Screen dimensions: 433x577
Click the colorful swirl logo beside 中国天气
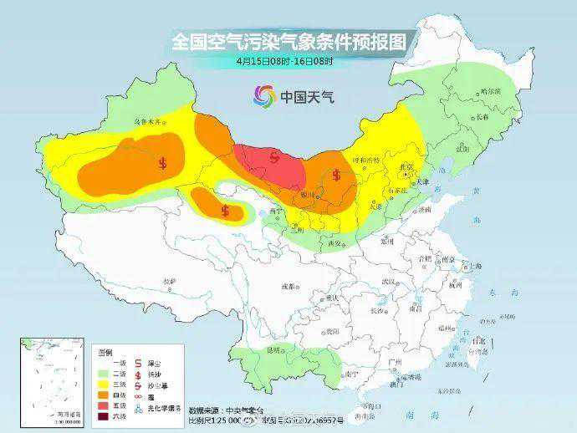click(264, 96)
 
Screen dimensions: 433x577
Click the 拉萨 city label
click(171, 281)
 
